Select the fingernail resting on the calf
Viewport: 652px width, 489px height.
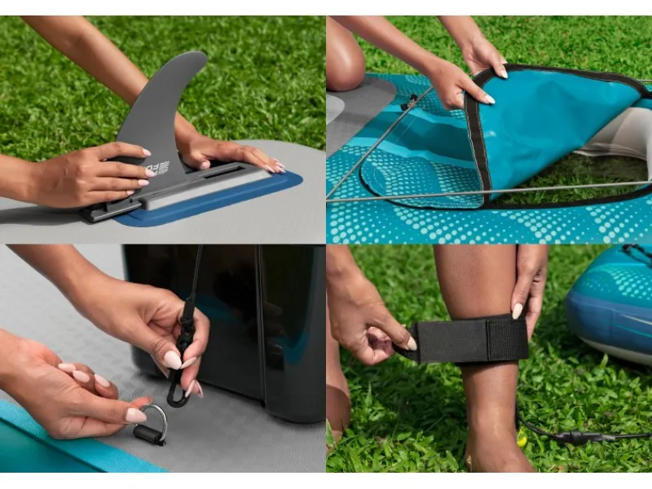(x=518, y=311)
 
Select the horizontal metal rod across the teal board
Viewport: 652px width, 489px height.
(x=489, y=191)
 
